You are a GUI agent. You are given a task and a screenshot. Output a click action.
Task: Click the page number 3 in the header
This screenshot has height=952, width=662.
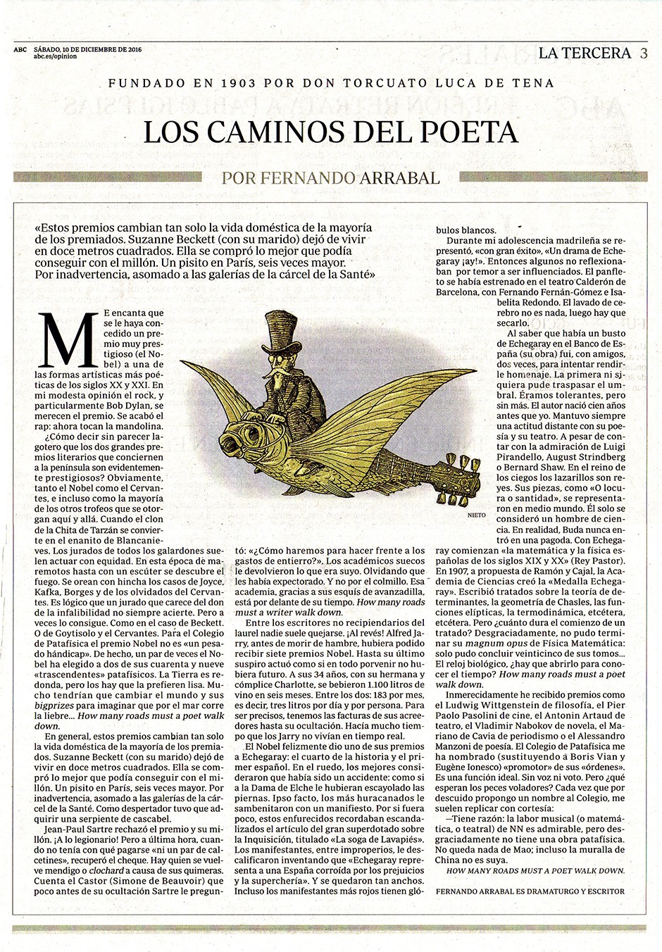tap(644, 54)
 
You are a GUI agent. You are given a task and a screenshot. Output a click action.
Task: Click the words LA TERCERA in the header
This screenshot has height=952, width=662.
tap(585, 53)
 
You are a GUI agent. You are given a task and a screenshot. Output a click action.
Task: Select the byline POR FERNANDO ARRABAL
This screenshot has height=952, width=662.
tap(330, 177)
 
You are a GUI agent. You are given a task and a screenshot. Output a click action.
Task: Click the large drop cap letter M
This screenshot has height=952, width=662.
tap(69, 341)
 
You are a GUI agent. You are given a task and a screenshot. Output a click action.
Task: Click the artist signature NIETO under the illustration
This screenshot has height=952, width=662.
tap(477, 515)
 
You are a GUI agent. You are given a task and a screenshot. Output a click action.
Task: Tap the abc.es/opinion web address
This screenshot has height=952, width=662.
tap(55, 56)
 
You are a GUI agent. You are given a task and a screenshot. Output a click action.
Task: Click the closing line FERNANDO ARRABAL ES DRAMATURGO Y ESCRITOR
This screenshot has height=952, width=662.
tap(530, 891)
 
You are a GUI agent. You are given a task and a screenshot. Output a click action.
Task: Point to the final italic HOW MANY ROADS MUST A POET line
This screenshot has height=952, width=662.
tap(535, 870)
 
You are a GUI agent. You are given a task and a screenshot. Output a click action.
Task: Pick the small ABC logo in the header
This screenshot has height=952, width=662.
tap(20, 49)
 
